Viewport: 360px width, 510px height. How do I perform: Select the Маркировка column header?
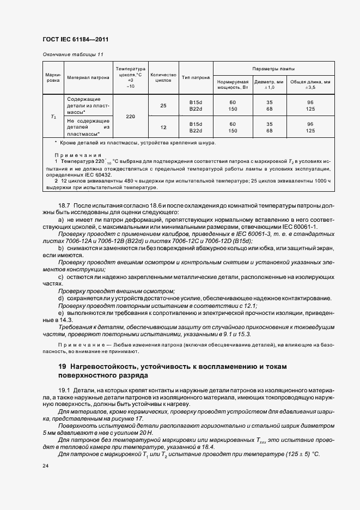tap(53, 77)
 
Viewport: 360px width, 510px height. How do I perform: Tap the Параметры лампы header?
tap(273, 69)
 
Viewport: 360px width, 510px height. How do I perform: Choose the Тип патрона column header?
tap(196, 77)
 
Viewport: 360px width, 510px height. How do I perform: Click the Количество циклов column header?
tap(163, 77)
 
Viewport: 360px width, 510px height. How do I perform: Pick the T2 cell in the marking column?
tap(53, 116)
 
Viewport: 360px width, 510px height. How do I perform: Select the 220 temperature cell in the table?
tap(130, 116)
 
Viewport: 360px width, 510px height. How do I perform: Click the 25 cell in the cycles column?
tap(163, 105)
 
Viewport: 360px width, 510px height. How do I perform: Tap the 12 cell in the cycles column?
tap(163, 127)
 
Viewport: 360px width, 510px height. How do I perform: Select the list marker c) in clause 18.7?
tap(60, 277)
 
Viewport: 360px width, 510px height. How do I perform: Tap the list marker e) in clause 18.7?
tap(60, 313)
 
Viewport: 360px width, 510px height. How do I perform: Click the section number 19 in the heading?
tap(63, 366)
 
